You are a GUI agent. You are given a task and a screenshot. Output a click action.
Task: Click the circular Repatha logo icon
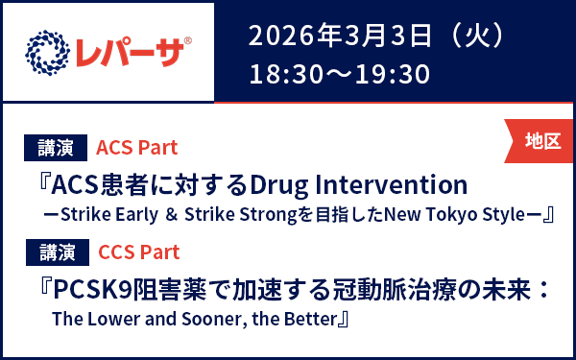pyautogui.click(x=45, y=52)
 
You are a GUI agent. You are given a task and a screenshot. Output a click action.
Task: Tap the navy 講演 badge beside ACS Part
pyautogui.click(x=56, y=148)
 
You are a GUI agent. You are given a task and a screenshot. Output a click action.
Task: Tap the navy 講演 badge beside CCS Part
pyautogui.click(x=56, y=252)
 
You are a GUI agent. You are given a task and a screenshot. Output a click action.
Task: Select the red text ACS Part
pyautogui.click(x=137, y=148)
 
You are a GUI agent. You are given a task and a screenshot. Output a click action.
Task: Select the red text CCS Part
pyautogui.click(x=139, y=252)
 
